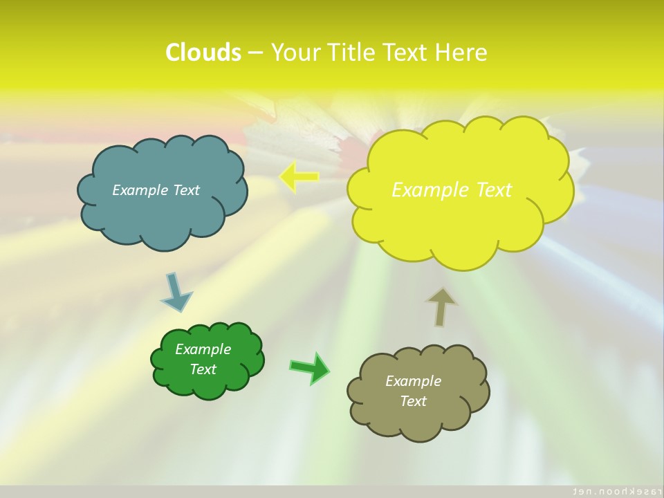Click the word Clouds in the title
pos(203,53)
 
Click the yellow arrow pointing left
pos(298,177)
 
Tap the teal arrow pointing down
pos(176,292)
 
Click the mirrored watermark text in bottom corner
pos(609,490)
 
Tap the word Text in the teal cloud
pos(186,190)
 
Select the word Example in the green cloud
pos(203,349)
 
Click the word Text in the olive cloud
pos(413,401)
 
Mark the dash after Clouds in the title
pos(255,53)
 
